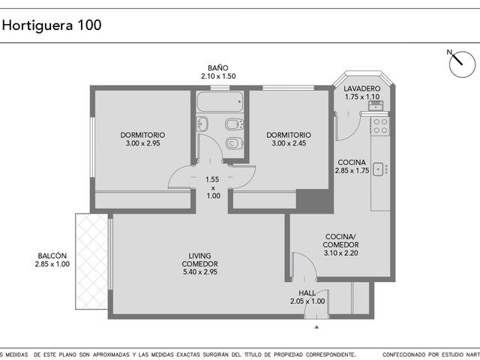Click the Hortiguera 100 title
coord(52,25)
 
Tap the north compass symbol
coord(461,64)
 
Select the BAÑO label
coord(218,67)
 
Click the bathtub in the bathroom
coord(220,101)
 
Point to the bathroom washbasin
coord(202,124)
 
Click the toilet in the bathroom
coord(235,143)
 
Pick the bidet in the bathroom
coord(235,124)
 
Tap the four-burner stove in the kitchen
coord(380,125)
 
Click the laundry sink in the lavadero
coord(375,106)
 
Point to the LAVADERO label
coord(361,88)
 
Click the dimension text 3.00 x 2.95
coord(143,143)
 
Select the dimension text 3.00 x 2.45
coord(289,143)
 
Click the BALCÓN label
coord(52,256)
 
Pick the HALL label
coord(307,293)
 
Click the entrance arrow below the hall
coord(316,327)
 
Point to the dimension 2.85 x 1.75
coord(352,170)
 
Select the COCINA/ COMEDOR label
coord(340,241)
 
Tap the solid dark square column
coord(315,200)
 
